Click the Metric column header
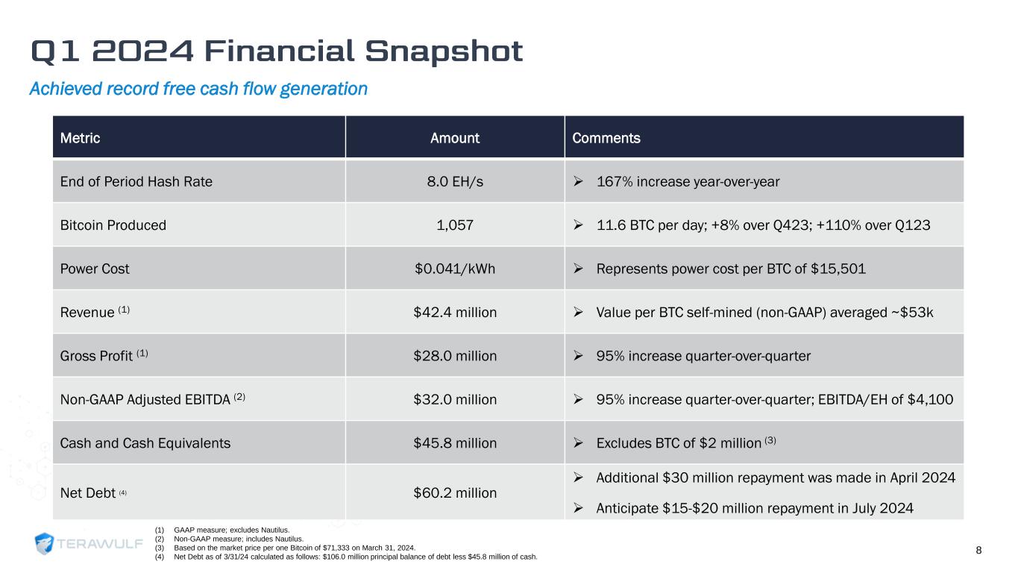pyautogui.click(x=80, y=138)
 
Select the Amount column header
pyautogui.click(x=455, y=138)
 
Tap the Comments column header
pyautogui.click(x=606, y=138)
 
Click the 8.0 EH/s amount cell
pyautogui.click(x=455, y=181)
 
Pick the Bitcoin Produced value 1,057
pyautogui.click(x=455, y=225)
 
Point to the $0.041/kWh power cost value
pyautogui.click(x=455, y=269)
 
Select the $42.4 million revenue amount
pyautogui.click(x=455, y=313)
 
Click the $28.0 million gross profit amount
pyautogui.click(x=455, y=356)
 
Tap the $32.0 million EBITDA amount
pyautogui.click(x=455, y=399)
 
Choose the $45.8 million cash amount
pyautogui.click(x=455, y=443)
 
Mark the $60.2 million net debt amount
pyautogui.click(x=455, y=492)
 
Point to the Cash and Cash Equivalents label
pyautogui.click(x=145, y=443)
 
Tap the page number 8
pyautogui.click(x=978, y=551)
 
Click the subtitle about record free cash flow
pyautogui.click(x=198, y=90)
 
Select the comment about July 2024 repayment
pyautogui.click(x=755, y=509)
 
